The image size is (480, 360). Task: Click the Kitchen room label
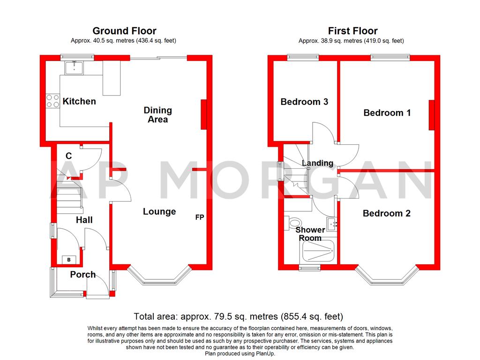pyautogui.click(x=79, y=101)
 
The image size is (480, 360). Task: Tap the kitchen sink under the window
pyautogui.click(x=74, y=68)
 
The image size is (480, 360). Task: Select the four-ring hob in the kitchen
pyautogui.click(x=52, y=101)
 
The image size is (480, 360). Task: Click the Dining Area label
pyautogui.click(x=158, y=115)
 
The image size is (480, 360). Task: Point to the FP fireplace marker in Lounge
pyautogui.click(x=200, y=217)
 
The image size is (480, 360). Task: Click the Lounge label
pyautogui.click(x=159, y=212)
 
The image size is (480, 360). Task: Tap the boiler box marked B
pyautogui.click(x=69, y=259)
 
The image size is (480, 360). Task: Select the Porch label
pyautogui.click(x=82, y=275)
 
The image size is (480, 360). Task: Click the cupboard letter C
pyautogui.click(x=68, y=156)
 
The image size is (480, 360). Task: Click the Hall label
pyautogui.click(x=84, y=220)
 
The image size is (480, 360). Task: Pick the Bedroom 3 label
pyautogui.click(x=304, y=102)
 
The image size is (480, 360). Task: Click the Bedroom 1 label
pyautogui.click(x=387, y=112)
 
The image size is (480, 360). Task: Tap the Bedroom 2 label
pyautogui.click(x=386, y=213)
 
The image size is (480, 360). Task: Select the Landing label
pyautogui.click(x=317, y=163)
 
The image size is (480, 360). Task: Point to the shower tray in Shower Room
pyautogui.click(x=318, y=252)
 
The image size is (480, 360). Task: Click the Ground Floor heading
pyautogui.click(x=124, y=31)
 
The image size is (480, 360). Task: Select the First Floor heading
pyautogui.click(x=352, y=31)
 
